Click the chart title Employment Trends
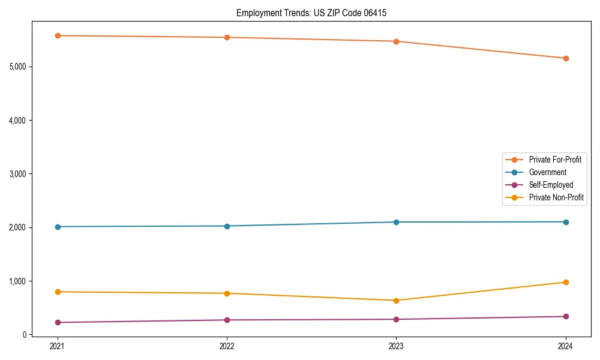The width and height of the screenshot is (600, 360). click(315, 13)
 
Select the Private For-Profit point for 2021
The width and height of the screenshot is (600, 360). click(58, 36)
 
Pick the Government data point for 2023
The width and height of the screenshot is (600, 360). click(396, 222)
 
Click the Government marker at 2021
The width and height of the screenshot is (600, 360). click(58, 227)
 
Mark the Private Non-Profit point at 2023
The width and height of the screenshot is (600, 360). click(396, 301)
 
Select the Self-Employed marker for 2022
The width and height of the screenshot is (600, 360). click(227, 320)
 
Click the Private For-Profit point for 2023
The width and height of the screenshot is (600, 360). click(396, 41)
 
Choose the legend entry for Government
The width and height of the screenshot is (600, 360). click(547, 172)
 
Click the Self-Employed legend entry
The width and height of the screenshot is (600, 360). click(551, 185)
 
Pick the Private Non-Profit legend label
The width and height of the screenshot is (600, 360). click(556, 197)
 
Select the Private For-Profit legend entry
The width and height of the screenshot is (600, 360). click(555, 160)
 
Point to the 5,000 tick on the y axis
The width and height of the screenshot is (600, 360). click(18, 67)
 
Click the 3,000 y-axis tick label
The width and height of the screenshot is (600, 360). click(18, 174)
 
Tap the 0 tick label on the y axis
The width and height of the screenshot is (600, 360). click(25, 335)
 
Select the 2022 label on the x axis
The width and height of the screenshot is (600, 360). click(227, 346)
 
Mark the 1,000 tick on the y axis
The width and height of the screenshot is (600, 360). click(18, 281)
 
